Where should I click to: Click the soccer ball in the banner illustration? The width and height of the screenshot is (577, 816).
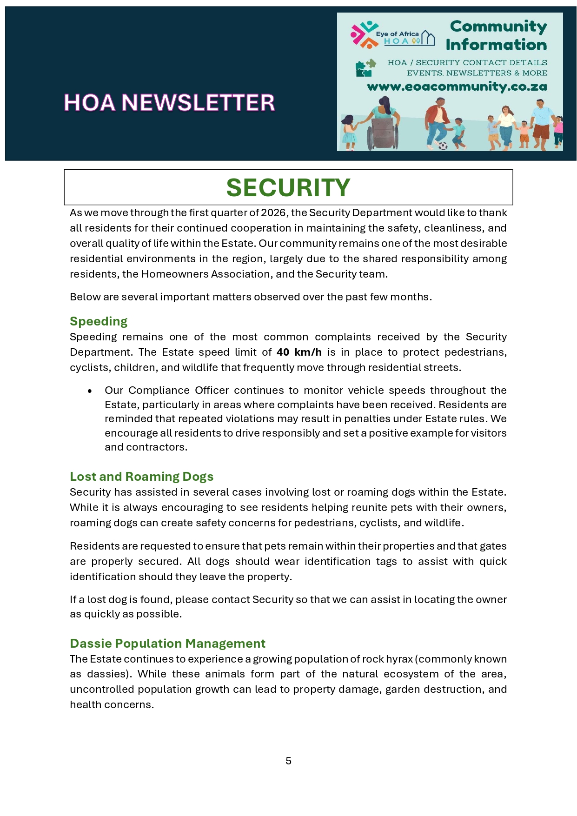pos(443,146)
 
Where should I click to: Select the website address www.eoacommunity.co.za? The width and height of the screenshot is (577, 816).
pos(457,87)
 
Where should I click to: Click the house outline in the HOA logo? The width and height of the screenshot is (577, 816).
pos(428,39)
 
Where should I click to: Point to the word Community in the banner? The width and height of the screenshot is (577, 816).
pos(498,27)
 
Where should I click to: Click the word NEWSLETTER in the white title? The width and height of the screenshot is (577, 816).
pos(198,103)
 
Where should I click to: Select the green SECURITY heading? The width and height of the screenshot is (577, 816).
pos(288,187)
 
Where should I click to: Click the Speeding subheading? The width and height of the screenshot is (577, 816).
pos(99,321)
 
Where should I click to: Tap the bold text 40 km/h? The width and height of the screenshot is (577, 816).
pos(299,352)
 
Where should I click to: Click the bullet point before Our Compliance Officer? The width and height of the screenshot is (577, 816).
pos(90,391)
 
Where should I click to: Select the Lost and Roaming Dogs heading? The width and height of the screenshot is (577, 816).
pos(141,477)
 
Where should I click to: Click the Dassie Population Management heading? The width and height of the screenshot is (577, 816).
pos(167,644)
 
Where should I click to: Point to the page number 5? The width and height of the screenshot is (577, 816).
pos(288,761)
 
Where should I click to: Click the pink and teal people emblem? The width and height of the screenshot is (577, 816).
pos(364,34)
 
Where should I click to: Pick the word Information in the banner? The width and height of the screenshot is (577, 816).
pos(496,45)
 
